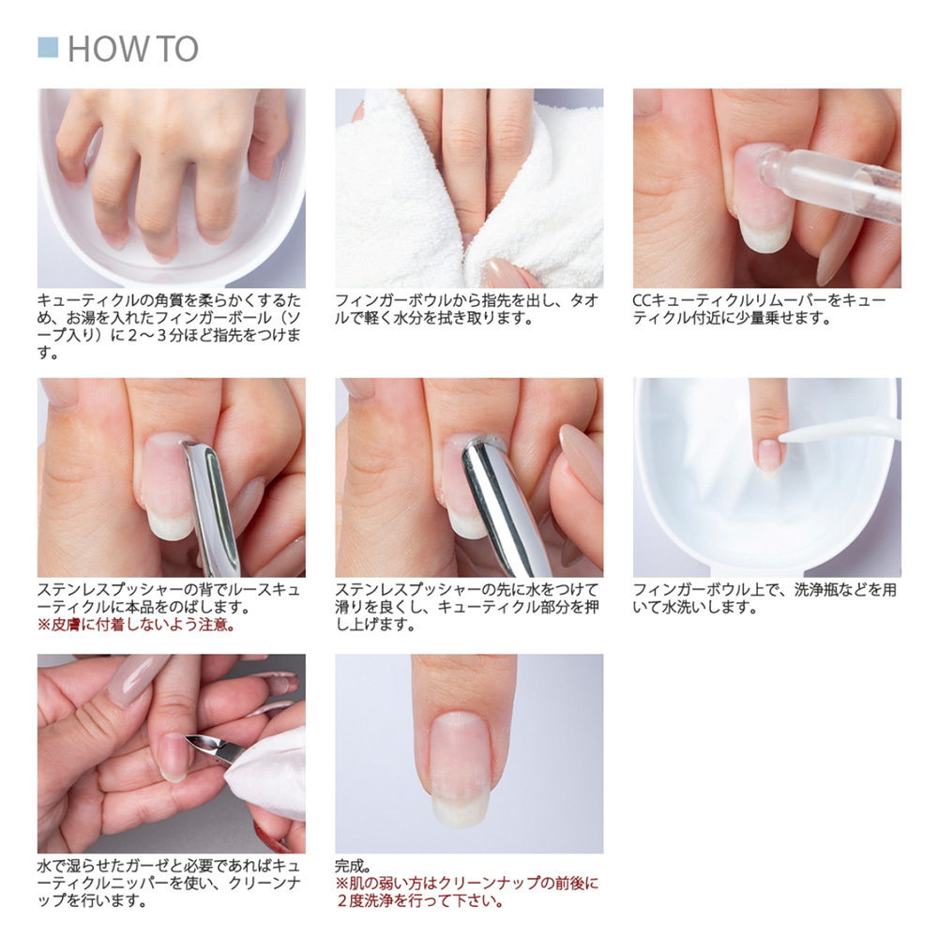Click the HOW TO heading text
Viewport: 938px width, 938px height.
(132, 49)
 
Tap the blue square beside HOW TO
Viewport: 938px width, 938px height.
(48, 48)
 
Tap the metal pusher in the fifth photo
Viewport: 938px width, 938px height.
(507, 507)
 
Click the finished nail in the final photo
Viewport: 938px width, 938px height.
(460, 760)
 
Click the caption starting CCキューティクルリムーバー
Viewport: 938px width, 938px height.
(759, 309)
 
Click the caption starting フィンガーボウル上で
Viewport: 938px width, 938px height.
(764, 598)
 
